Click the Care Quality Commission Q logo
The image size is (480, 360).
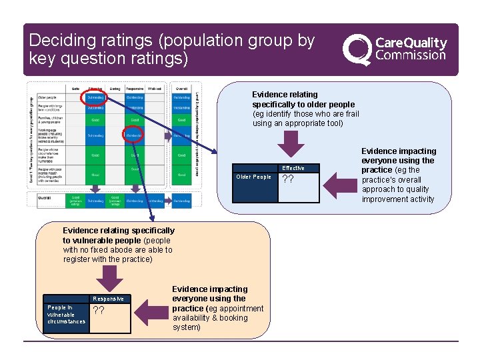pos(357,49)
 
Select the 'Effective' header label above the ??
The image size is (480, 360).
pos(293,168)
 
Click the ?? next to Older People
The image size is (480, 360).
pos(289,179)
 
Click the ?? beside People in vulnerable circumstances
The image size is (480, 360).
pos(98,311)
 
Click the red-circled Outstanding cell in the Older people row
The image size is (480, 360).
pos(95,99)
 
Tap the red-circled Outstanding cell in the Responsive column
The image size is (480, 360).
pos(133,135)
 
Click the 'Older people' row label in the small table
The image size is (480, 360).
pos(47,99)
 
